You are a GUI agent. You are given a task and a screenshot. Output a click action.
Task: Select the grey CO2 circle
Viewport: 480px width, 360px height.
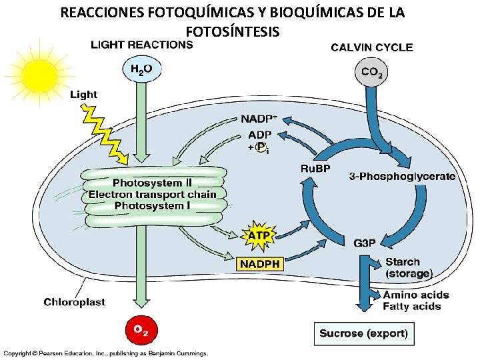[371, 71]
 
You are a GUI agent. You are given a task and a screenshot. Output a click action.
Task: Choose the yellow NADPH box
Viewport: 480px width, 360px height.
[260, 264]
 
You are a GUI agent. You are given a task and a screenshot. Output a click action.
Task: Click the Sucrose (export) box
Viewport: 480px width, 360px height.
[364, 333]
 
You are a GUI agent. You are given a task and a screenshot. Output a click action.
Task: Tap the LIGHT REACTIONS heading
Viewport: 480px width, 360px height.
[142, 45]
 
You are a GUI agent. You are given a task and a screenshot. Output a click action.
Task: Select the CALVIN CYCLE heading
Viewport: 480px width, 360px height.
[371, 47]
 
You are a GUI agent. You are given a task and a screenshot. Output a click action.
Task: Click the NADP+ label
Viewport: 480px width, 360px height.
[259, 119]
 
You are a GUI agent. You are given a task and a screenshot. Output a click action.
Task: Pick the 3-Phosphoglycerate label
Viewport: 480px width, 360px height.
[402, 177]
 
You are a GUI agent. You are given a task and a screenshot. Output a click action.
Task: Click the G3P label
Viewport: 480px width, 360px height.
[364, 243]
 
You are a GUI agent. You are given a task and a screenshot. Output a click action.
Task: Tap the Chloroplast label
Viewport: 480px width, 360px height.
[74, 302]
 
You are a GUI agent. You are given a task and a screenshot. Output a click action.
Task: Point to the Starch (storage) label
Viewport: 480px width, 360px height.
[409, 267]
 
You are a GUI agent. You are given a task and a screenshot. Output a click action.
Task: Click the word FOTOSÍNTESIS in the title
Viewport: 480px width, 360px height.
[233, 31]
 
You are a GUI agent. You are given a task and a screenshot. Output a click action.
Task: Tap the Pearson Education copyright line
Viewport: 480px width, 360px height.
[106, 353]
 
